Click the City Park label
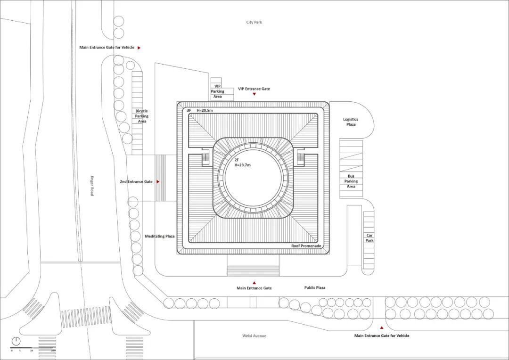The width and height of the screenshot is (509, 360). [x=254, y=22]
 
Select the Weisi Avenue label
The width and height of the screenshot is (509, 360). [x=254, y=336]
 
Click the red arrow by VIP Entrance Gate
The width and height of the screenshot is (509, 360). [x=254, y=94]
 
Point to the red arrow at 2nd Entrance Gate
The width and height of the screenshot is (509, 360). [x=158, y=181]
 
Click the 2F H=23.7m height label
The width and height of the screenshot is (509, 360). [x=243, y=163]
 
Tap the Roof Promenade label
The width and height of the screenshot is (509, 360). [x=306, y=246]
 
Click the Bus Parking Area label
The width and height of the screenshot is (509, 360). [x=351, y=181]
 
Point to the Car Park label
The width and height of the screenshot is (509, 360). [x=369, y=238]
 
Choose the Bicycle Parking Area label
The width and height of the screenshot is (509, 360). [x=142, y=116]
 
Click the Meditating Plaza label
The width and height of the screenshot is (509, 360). [x=160, y=236]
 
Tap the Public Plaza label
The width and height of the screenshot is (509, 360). [x=315, y=287]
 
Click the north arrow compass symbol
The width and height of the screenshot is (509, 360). [x=16, y=341]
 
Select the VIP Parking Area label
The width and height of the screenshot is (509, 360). [x=217, y=91]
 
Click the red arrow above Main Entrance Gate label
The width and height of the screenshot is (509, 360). [x=254, y=283]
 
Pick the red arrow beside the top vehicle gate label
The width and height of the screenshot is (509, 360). [x=139, y=48]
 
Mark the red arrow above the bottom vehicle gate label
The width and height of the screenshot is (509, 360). [x=382, y=327]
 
